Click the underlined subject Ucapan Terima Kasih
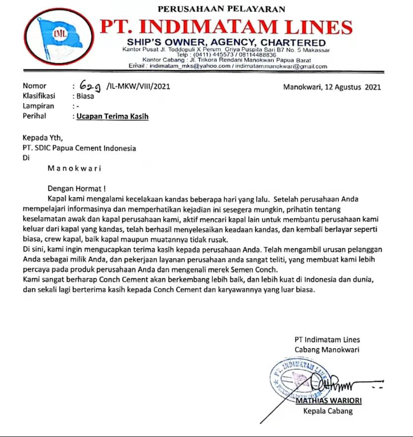coord(112,116)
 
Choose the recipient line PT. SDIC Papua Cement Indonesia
coord(79,148)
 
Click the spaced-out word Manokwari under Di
coord(74,168)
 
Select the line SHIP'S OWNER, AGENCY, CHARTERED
coord(226,42)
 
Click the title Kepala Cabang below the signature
coord(327,411)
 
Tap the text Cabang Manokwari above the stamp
coord(327,350)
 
